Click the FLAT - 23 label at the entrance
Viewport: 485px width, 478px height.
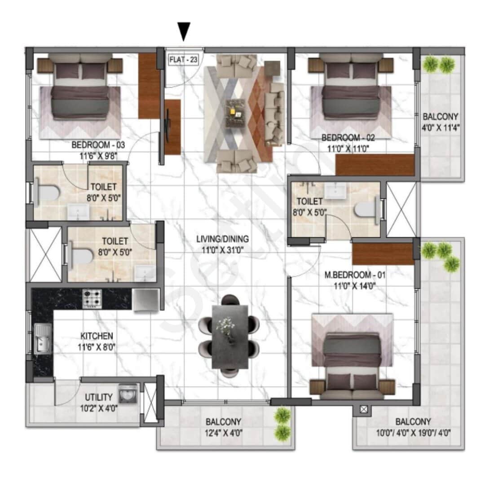(183, 60)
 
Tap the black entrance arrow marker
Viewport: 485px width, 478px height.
(183, 32)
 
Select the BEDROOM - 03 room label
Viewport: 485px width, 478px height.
(98, 145)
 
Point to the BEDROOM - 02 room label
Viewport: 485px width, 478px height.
(348, 138)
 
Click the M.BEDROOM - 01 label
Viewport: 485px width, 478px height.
(349, 275)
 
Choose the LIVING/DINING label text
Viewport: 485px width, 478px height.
(222, 239)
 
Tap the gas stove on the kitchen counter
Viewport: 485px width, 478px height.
(92, 299)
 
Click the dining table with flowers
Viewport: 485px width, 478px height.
(229, 337)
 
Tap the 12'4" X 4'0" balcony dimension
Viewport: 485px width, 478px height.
(224, 434)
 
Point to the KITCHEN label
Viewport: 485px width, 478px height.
(97, 336)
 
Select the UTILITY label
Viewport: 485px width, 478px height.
(98, 397)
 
